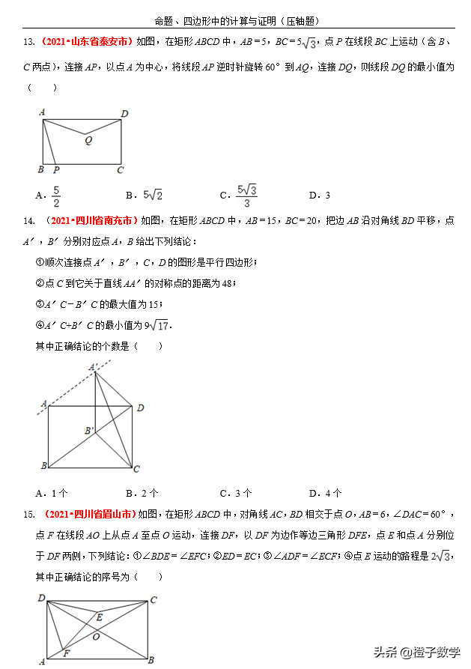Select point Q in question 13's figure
pyautogui.click(x=89, y=140)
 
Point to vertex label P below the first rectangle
pyautogui.click(x=56, y=170)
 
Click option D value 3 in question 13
pyautogui.click(x=327, y=196)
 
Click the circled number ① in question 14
pyautogui.click(x=40, y=262)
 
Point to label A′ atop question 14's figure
pyautogui.click(x=94, y=367)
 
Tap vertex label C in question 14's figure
pyautogui.click(x=136, y=469)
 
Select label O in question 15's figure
pyautogui.click(x=96, y=636)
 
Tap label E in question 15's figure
pyautogui.click(x=100, y=617)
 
